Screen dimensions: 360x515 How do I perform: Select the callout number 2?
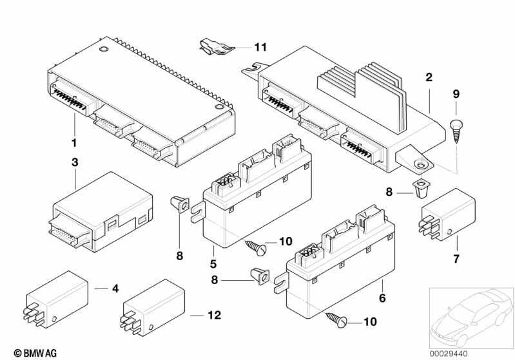click(x=429, y=79)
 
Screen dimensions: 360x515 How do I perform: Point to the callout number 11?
click(x=260, y=47)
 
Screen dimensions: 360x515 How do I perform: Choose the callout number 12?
click(x=215, y=316)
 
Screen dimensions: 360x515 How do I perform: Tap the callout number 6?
click(x=382, y=299)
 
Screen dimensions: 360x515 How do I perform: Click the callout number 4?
click(x=115, y=289)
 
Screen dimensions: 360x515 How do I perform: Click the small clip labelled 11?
click(x=213, y=46)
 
